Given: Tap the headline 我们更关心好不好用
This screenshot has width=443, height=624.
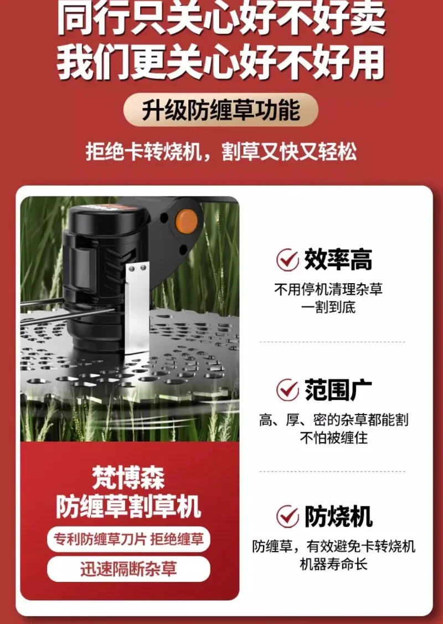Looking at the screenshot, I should pos(221,62).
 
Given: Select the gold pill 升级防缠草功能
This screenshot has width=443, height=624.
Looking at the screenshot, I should pos(220,110).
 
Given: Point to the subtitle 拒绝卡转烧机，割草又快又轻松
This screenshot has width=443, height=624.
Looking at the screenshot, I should pos(221,151).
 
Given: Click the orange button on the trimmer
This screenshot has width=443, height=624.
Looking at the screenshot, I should pos(186,222).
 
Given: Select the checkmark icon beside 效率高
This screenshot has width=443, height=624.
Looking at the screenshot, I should pos(287,260).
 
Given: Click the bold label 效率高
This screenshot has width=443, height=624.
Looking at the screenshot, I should pos(338,260).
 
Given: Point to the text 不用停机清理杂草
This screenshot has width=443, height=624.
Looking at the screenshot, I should pos(328,289).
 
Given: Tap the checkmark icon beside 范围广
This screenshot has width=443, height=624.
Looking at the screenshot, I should pos(287,390).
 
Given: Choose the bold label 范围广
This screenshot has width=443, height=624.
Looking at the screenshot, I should pos(338,390).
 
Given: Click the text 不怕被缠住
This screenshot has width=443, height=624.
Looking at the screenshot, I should pos(334,438).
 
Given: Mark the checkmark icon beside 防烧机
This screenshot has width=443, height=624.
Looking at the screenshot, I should pos(287,516).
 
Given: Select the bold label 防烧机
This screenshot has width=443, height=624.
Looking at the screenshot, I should pos(338,516).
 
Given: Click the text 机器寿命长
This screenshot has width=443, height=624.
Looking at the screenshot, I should pos(333,564).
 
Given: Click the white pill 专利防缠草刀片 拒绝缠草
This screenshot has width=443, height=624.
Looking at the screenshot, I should pos(128,539).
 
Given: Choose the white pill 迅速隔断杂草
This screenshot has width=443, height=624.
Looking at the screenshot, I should pos(128,569).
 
